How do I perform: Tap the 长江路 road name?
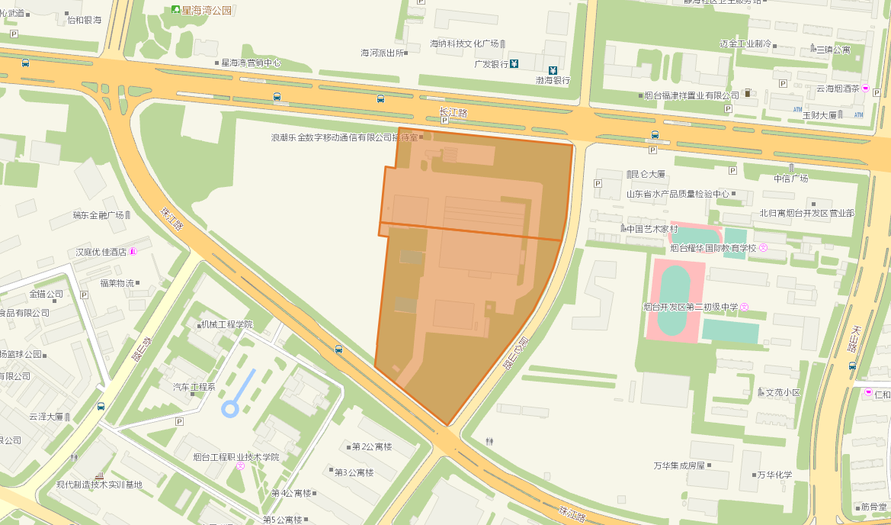[x=452, y=112]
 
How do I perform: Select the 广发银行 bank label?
[x=491, y=64]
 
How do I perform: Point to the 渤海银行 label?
[x=553, y=80]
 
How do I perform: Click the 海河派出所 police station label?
[x=383, y=53]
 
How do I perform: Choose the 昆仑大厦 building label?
[x=647, y=174]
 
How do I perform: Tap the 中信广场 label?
[x=790, y=179]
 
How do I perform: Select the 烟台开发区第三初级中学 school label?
[x=691, y=307]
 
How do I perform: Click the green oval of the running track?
[x=674, y=301]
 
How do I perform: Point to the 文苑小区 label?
[x=783, y=392]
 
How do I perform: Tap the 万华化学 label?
[x=774, y=474]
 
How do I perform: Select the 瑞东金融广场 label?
[x=98, y=215]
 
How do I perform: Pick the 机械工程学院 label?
[x=226, y=324]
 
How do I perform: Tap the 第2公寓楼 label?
[x=371, y=446]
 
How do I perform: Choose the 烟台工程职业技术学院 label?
[x=236, y=457]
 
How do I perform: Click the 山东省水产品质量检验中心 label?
[x=678, y=194]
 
